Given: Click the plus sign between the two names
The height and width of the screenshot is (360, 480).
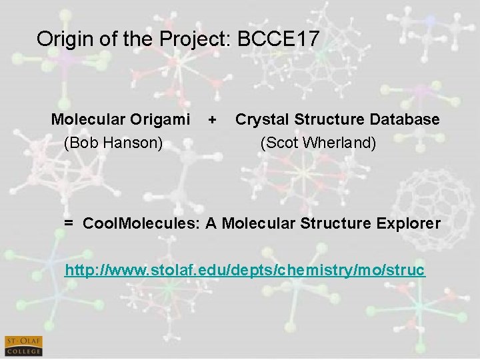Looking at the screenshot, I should [212, 120].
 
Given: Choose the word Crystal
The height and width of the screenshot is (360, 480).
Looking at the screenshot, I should [260, 119].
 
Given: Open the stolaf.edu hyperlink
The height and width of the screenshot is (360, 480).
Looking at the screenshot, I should [244, 271].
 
